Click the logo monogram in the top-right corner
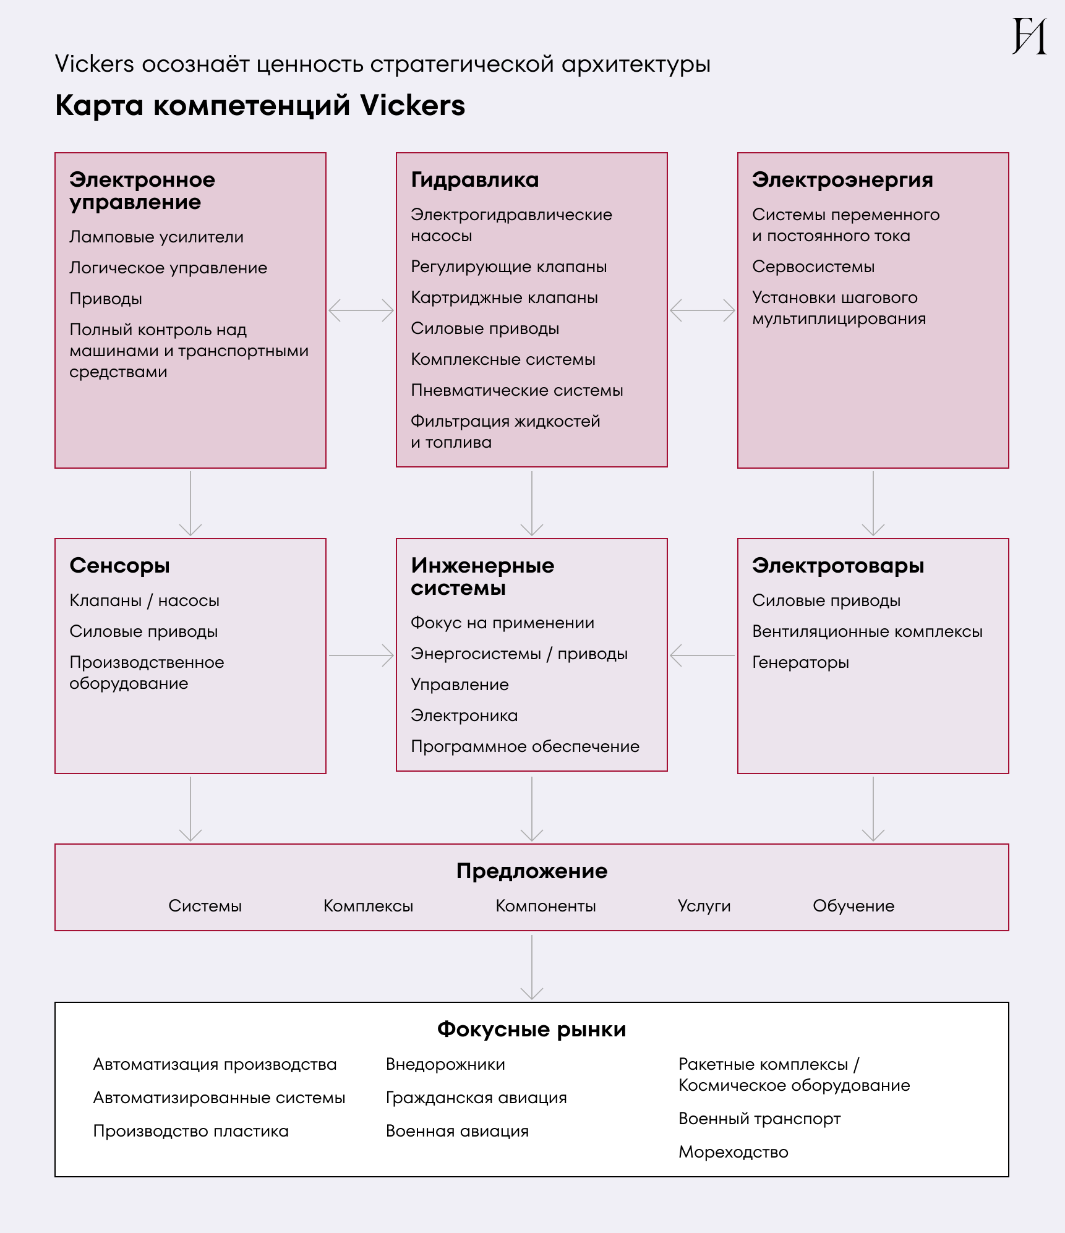click(x=1029, y=36)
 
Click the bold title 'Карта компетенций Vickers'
click(x=260, y=105)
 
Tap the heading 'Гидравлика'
click(x=474, y=180)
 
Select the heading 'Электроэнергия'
click(x=842, y=180)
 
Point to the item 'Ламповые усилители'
click(x=156, y=237)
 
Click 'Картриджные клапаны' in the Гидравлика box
click(x=504, y=297)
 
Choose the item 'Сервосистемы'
click(x=813, y=267)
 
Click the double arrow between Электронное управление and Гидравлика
click(x=361, y=310)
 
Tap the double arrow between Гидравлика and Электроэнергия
click(x=703, y=310)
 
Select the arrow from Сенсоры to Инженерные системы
click(x=361, y=655)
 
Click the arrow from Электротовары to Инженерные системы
click(x=703, y=655)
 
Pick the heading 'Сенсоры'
click(x=119, y=565)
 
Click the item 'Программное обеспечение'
click(x=525, y=746)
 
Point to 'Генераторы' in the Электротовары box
click(x=800, y=662)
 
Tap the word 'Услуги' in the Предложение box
click(x=704, y=906)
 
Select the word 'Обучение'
click(x=853, y=906)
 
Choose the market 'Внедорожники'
click(x=445, y=1064)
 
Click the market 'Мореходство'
click(x=733, y=1152)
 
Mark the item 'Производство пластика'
click(x=190, y=1131)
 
